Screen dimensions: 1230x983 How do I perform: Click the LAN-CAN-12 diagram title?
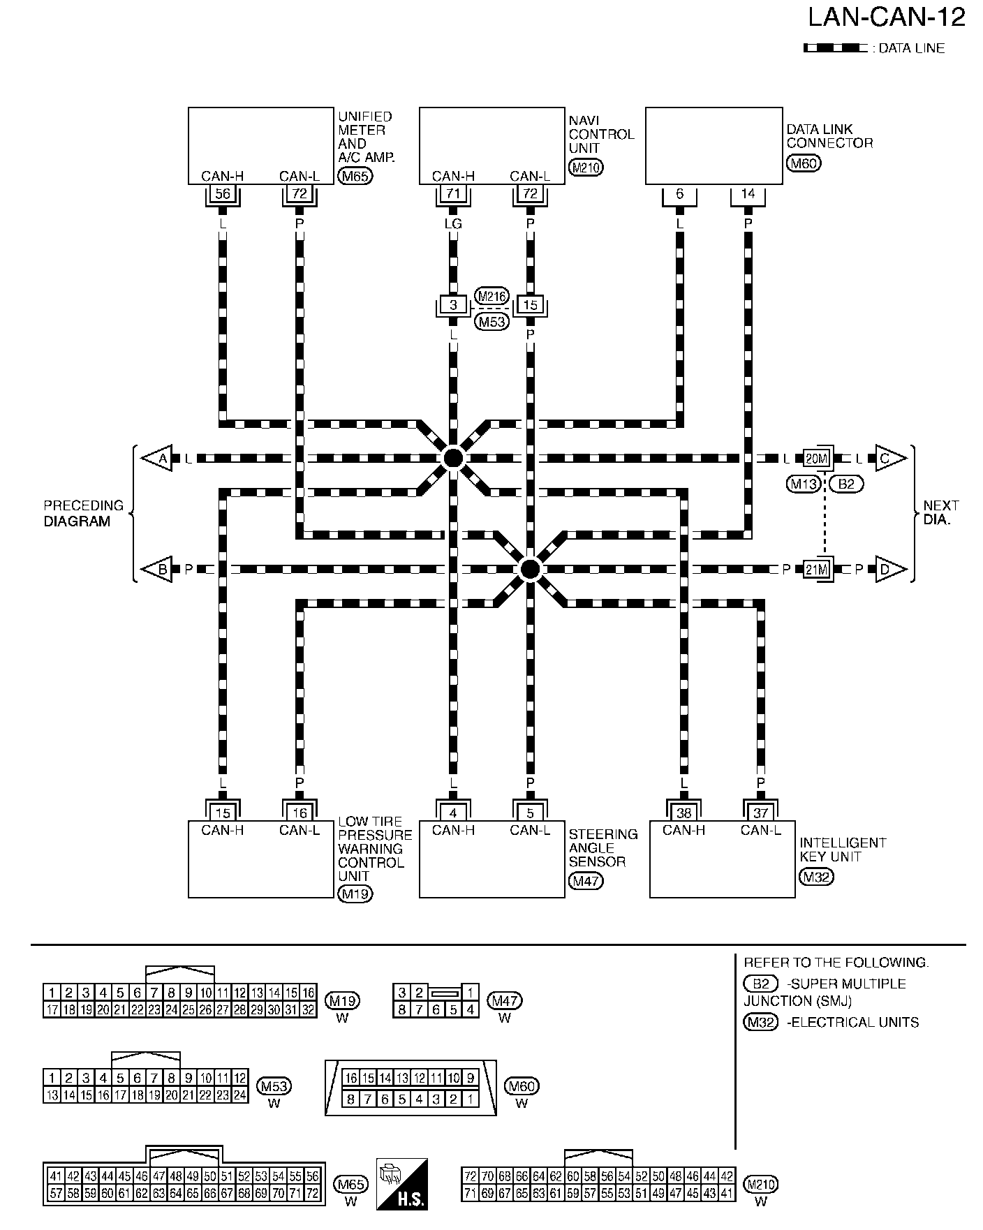tap(886, 18)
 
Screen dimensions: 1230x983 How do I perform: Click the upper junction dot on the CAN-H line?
tap(453, 458)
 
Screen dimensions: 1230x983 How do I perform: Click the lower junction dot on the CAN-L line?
tap(530, 569)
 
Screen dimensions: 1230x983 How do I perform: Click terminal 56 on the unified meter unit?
tap(223, 193)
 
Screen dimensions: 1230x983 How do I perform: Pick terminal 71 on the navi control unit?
tap(453, 193)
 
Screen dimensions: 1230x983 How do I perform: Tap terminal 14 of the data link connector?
tap(748, 193)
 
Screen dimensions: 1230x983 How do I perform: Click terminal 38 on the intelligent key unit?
tap(683, 813)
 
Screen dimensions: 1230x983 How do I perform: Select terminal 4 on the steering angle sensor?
tap(453, 813)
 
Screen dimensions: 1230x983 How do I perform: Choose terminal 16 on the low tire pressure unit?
tap(300, 813)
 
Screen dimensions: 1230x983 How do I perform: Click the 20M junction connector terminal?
tap(815, 458)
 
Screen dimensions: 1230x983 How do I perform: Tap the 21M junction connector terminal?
tap(815, 569)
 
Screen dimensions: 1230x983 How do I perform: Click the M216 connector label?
tap(492, 296)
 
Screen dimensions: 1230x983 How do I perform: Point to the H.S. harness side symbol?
tap(401, 1184)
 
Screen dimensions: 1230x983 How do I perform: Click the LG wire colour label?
tap(453, 223)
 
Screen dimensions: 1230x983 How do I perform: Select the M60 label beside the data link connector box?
tap(803, 163)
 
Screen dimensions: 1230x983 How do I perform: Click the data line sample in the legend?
tap(834, 48)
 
